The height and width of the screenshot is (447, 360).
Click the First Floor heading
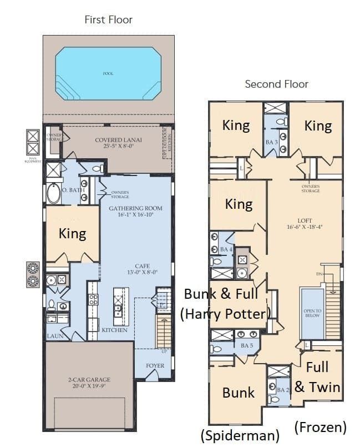[x=108, y=20]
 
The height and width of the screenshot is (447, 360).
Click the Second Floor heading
[x=276, y=84]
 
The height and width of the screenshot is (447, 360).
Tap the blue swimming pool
[x=108, y=73]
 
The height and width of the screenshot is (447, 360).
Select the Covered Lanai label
[x=118, y=143]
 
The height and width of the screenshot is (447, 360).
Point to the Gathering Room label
[x=135, y=212]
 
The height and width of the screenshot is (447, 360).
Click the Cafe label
[x=143, y=269]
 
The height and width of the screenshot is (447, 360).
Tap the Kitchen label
[x=114, y=330]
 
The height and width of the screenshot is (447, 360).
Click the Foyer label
[x=155, y=366]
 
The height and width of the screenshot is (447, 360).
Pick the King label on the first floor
[x=72, y=234]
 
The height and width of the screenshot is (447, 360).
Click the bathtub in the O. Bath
[x=54, y=194]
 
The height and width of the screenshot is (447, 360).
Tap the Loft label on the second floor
[x=305, y=223]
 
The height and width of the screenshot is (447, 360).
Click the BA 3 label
[x=271, y=142]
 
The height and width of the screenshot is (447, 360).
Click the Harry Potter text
[x=225, y=314]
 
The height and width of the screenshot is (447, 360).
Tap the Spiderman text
[x=240, y=435]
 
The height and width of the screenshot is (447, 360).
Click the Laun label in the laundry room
[x=55, y=336]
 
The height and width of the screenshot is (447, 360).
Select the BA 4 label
[x=226, y=249]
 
